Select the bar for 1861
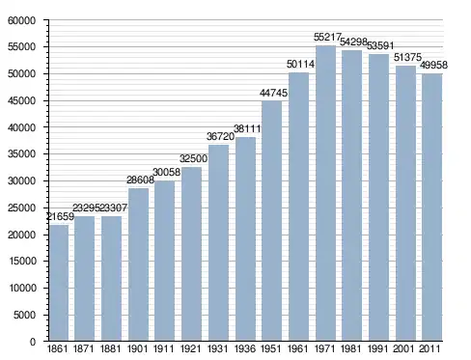[59, 283]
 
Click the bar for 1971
[325, 193]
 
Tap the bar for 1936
[245, 239]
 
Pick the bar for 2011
[432, 208]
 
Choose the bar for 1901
[138, 264]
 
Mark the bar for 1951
[271, 221]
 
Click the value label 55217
[327, 38]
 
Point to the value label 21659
[60, 217]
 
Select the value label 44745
[273, 93]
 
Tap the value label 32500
[193, 158]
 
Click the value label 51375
[407, 57]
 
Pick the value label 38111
[247, 128]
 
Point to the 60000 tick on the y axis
[21, 21]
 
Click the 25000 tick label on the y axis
[21, 208]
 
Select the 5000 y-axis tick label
[24, 315]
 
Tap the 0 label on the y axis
[33, 342]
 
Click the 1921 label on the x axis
[190, 348]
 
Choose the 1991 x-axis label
[378, 348]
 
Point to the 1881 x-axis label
[110, 348]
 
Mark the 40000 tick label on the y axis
[21, 127]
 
